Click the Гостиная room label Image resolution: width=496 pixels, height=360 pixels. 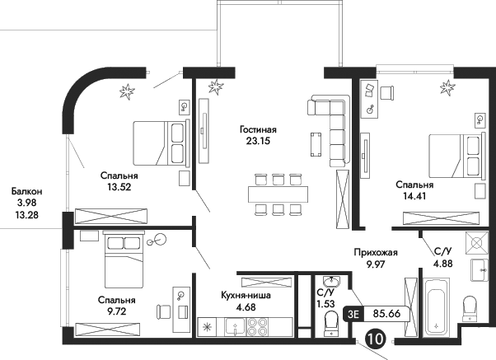[x=257, y=129]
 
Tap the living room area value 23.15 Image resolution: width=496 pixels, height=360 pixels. [x=257, y=141]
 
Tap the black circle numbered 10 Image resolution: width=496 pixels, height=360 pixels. [x=376, y=338]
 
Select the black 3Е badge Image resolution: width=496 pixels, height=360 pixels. [x=354, y=314]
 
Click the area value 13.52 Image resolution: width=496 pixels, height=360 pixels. [x=117, y=187]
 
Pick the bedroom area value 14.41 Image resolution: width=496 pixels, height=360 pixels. [x=414, y=197]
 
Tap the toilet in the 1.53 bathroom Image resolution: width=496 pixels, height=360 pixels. [x=331, y=327]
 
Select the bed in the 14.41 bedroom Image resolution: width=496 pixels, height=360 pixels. [x=452, y=155]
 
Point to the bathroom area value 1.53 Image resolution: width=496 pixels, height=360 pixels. [x=325, y=302]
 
